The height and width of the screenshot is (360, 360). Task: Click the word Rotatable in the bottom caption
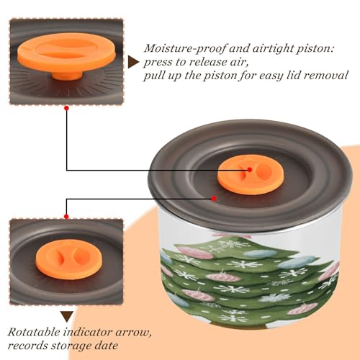(x=34, y=332)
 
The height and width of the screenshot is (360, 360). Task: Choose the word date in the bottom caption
(x=107, y=346)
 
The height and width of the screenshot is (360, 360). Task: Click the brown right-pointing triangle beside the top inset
(x=133, y=63)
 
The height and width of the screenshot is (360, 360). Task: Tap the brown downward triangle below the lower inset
(x=67, y=317)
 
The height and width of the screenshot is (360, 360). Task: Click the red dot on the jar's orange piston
(x=250, y=170)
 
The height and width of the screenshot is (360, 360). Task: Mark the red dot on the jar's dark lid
(x=214, y=199)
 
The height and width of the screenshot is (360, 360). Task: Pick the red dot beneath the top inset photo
(x=67, y=108)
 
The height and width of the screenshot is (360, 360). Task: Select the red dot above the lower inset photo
(x=66, y=217)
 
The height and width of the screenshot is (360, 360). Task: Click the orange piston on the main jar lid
(x=251, y=175)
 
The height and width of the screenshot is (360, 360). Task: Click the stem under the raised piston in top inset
(x=67, y=75)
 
